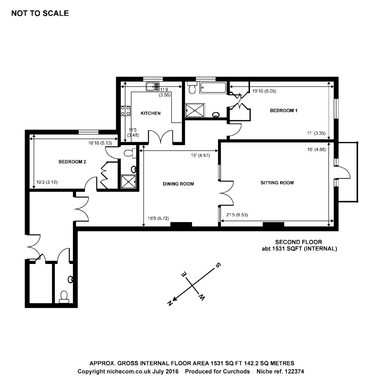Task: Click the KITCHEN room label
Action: click(150, 113)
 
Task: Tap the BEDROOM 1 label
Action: click(284, 111)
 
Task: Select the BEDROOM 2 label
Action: click(72, 162)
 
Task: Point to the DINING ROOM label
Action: click(178, 184)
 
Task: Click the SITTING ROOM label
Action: click(277, 183)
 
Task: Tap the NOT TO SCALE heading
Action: click(40, 14)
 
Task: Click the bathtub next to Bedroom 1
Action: click(212, 88)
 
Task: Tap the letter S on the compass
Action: click(217, 265)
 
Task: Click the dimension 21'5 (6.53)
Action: click(237, 215)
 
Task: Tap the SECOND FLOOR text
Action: click(299, 242)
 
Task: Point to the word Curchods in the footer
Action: click(236, 371)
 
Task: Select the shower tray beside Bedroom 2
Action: click(129, 182)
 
